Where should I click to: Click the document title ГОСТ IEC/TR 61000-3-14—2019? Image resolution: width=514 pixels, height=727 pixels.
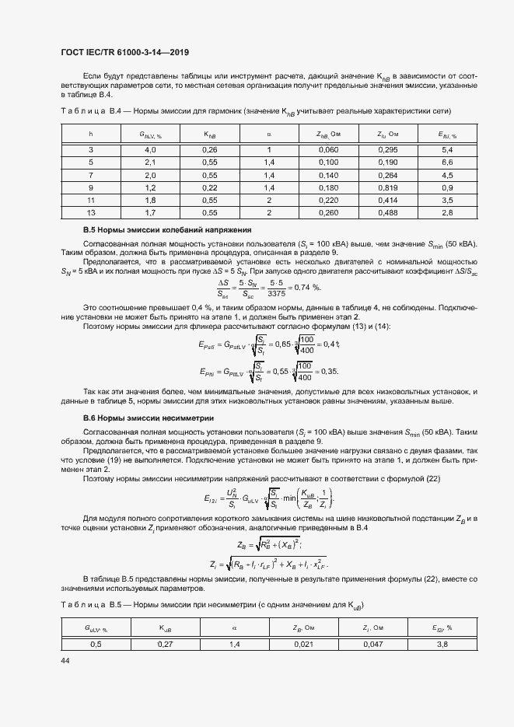(x=125, y=53)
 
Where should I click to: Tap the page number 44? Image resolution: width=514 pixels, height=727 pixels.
(x=65, y=659)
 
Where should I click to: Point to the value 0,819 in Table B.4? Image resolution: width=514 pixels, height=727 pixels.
(x=387, y=187)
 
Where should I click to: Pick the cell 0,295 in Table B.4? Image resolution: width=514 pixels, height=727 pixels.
(x=387, y=149)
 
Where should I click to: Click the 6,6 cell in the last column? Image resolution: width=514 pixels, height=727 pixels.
(x=446, y=162)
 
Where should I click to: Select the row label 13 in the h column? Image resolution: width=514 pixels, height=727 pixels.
(x=91, y=213)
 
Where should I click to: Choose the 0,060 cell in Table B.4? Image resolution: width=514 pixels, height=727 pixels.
(x=328, y=149)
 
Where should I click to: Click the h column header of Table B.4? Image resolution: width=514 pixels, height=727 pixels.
(x=91, y=134)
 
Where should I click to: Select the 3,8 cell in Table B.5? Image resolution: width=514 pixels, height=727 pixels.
(x=444, y=644)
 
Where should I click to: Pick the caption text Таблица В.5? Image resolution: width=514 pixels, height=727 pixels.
(x=85, y=604)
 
